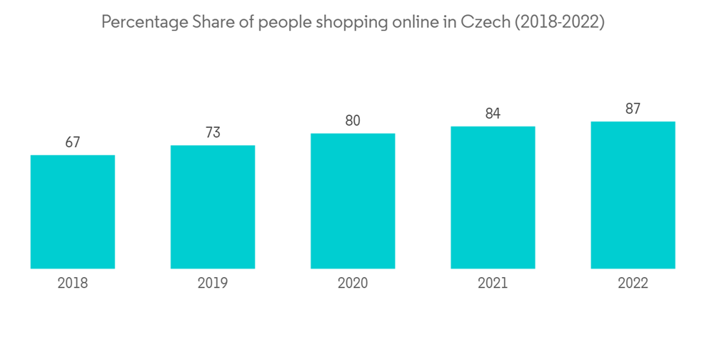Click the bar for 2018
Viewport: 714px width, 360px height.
[73, 211]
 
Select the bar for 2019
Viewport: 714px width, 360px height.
[213, 207]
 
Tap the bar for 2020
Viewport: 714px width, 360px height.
[353, 201]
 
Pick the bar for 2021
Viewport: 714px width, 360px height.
[493, 197]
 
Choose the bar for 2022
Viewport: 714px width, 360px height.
[633, 195]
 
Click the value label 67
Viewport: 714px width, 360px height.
[73, 143]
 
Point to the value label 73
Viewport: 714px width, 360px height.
[213, 133]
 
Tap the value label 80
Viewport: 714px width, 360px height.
[353, 121]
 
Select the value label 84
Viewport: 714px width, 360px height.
[493, 114]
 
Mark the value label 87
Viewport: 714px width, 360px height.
[633, 109]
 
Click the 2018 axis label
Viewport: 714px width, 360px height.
[73, 284]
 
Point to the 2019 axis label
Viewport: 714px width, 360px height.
[213, 284]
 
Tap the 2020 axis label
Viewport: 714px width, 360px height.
[353, 284]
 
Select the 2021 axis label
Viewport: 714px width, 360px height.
[493, 284]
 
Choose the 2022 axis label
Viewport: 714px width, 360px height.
[633, 284]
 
